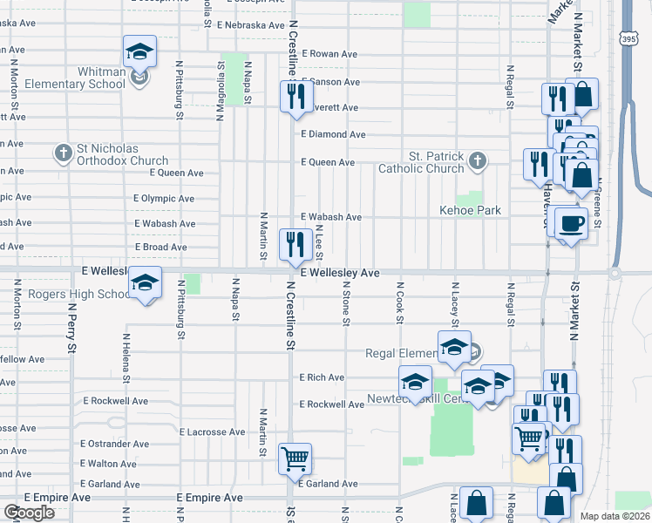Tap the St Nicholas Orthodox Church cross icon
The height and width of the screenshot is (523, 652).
pyautogui.click(x=63, y=154)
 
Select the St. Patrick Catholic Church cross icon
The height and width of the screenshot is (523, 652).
pyautogui.click(x=477, y=160)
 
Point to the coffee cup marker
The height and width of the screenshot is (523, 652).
pyautogui.click(x=571, y=225)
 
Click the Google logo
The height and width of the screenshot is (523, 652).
pyautogui.click(x=29, y=513)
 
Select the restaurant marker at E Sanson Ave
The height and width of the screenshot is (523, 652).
pyautogui.click(x=296, y=95)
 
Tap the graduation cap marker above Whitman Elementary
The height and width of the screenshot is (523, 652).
pyautogui.click(x=139, y=53)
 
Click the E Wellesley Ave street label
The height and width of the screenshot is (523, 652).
pyautogui.click(x=340, y=273)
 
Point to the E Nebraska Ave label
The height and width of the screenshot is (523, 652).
pyautogui.click(x=251, y=25)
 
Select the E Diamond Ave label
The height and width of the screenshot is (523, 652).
pyautogui.click(x=333, y=135)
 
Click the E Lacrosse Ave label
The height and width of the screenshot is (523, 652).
pyautogui.click(x=212, y=431)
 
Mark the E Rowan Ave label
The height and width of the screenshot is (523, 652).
pyautogui.click(x=329, y=54)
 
